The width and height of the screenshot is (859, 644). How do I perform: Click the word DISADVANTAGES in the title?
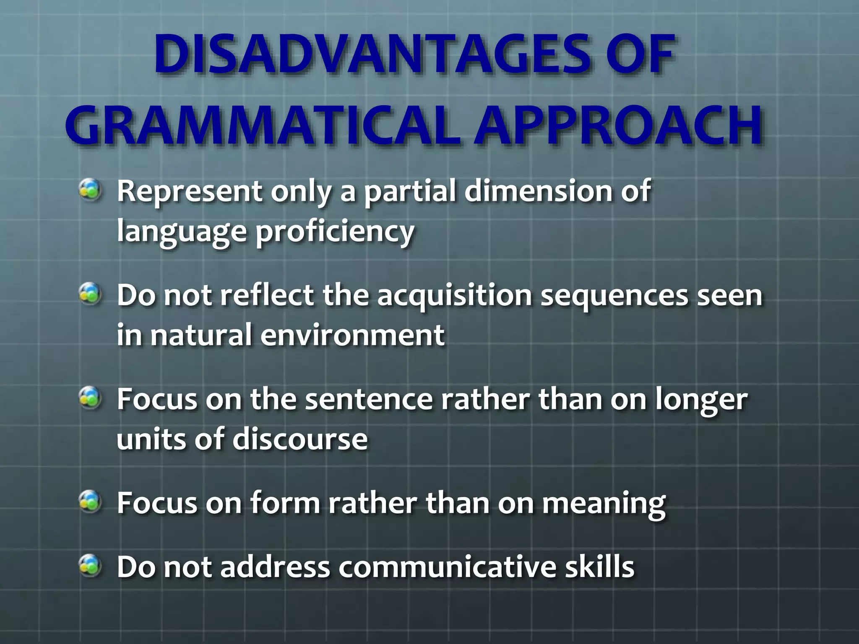pos(369,55)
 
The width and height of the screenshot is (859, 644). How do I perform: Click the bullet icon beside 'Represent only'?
pos(90,190)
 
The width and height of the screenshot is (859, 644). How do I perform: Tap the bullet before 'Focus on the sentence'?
pos(90,398)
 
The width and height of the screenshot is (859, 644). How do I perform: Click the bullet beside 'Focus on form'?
pos(90,502)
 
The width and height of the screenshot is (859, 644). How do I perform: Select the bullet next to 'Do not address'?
pos(90,566)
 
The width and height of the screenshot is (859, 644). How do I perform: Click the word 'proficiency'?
pos(335,232)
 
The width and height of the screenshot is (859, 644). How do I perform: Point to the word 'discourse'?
pos(300,439)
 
